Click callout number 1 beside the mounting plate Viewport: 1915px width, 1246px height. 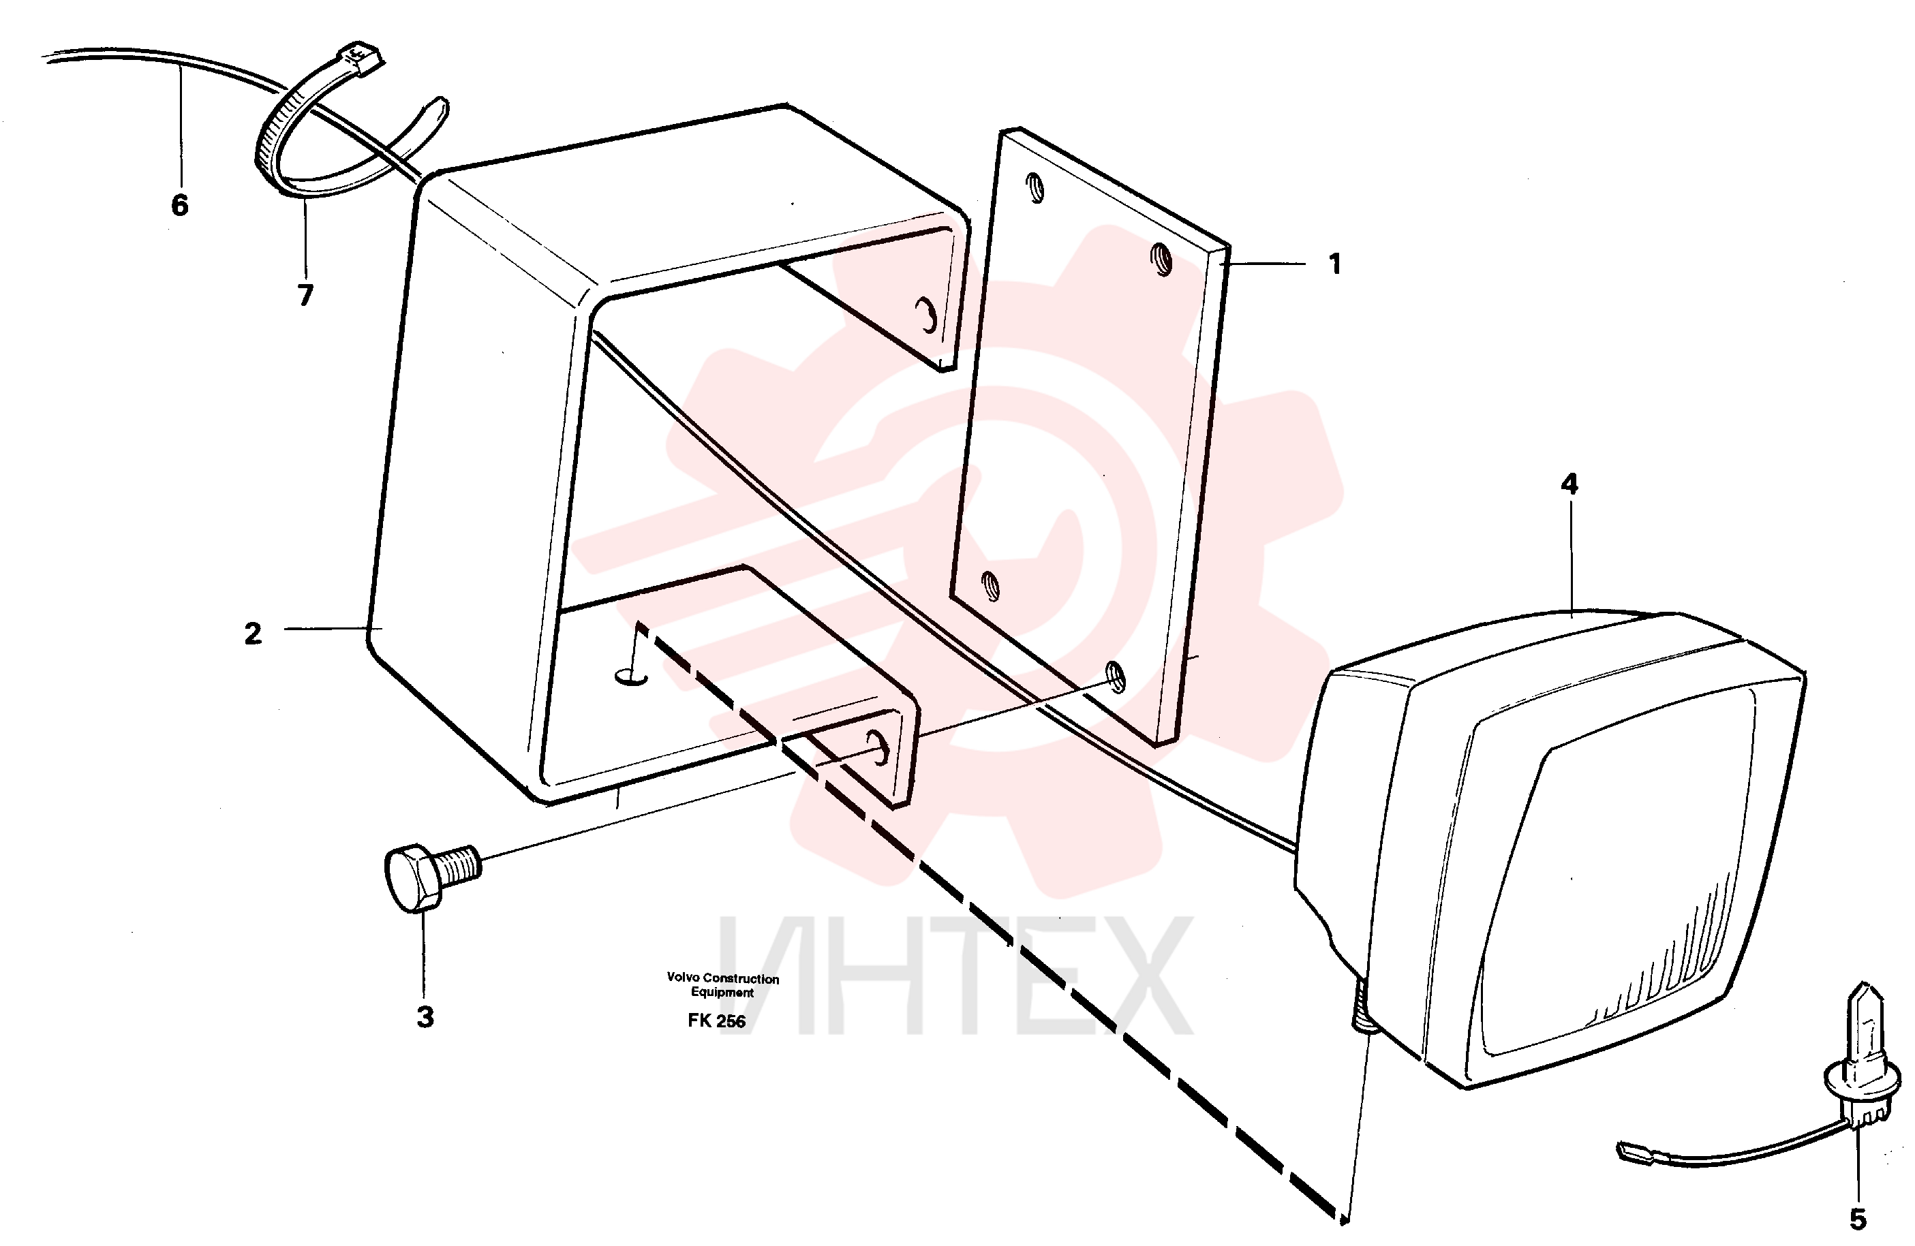pyautogui.click(x=1335, y=264)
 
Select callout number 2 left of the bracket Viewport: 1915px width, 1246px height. pyautogui.click(x=253, y=634)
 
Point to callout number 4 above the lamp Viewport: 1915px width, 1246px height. pyautogui.click(x=1569, y=484)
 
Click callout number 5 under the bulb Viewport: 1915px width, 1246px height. pyautogui.click(x=1858, y=1219)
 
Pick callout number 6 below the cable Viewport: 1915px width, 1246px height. pyautogui.click(x=179, y=205)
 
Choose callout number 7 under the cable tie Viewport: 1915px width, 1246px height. pyautogui.click(x=305, y=295)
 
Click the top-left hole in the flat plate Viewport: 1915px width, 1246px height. pyautogui.click(x=1037, y=189)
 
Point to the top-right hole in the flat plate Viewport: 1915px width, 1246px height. pyautogui.click(x=1162, y=259)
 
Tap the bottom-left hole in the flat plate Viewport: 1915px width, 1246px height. pyautogui.click(x=992, y=587)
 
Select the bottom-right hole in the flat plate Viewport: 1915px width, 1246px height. pyautogui.click(x=1115, y=677)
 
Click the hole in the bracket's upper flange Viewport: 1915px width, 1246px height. pyautogui.click(x=927, y=315)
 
